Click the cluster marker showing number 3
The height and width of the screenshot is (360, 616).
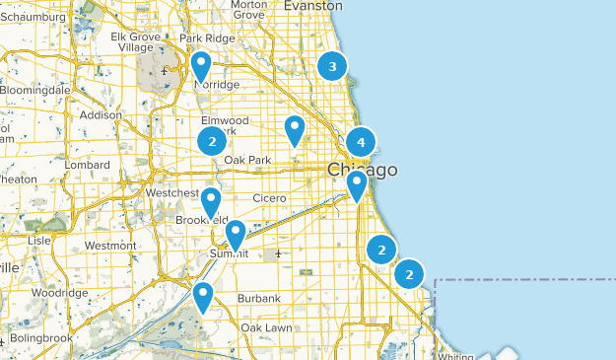(332, 67)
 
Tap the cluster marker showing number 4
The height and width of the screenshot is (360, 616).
(361, 142)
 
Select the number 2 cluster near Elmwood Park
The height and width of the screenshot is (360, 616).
(212, 141)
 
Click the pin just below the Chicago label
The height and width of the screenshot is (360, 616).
(357, 185)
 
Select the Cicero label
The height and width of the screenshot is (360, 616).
(268, 198)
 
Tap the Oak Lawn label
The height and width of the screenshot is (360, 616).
(264, 327)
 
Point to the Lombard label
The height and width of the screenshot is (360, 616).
(88, 165)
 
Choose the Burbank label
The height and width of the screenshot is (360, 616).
(259, 298)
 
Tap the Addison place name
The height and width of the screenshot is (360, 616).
(101, 114)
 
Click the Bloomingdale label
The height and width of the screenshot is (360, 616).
(35, 90)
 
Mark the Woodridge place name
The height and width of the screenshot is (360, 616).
(59, 293)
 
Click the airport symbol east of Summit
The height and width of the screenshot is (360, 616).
(279, 253)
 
